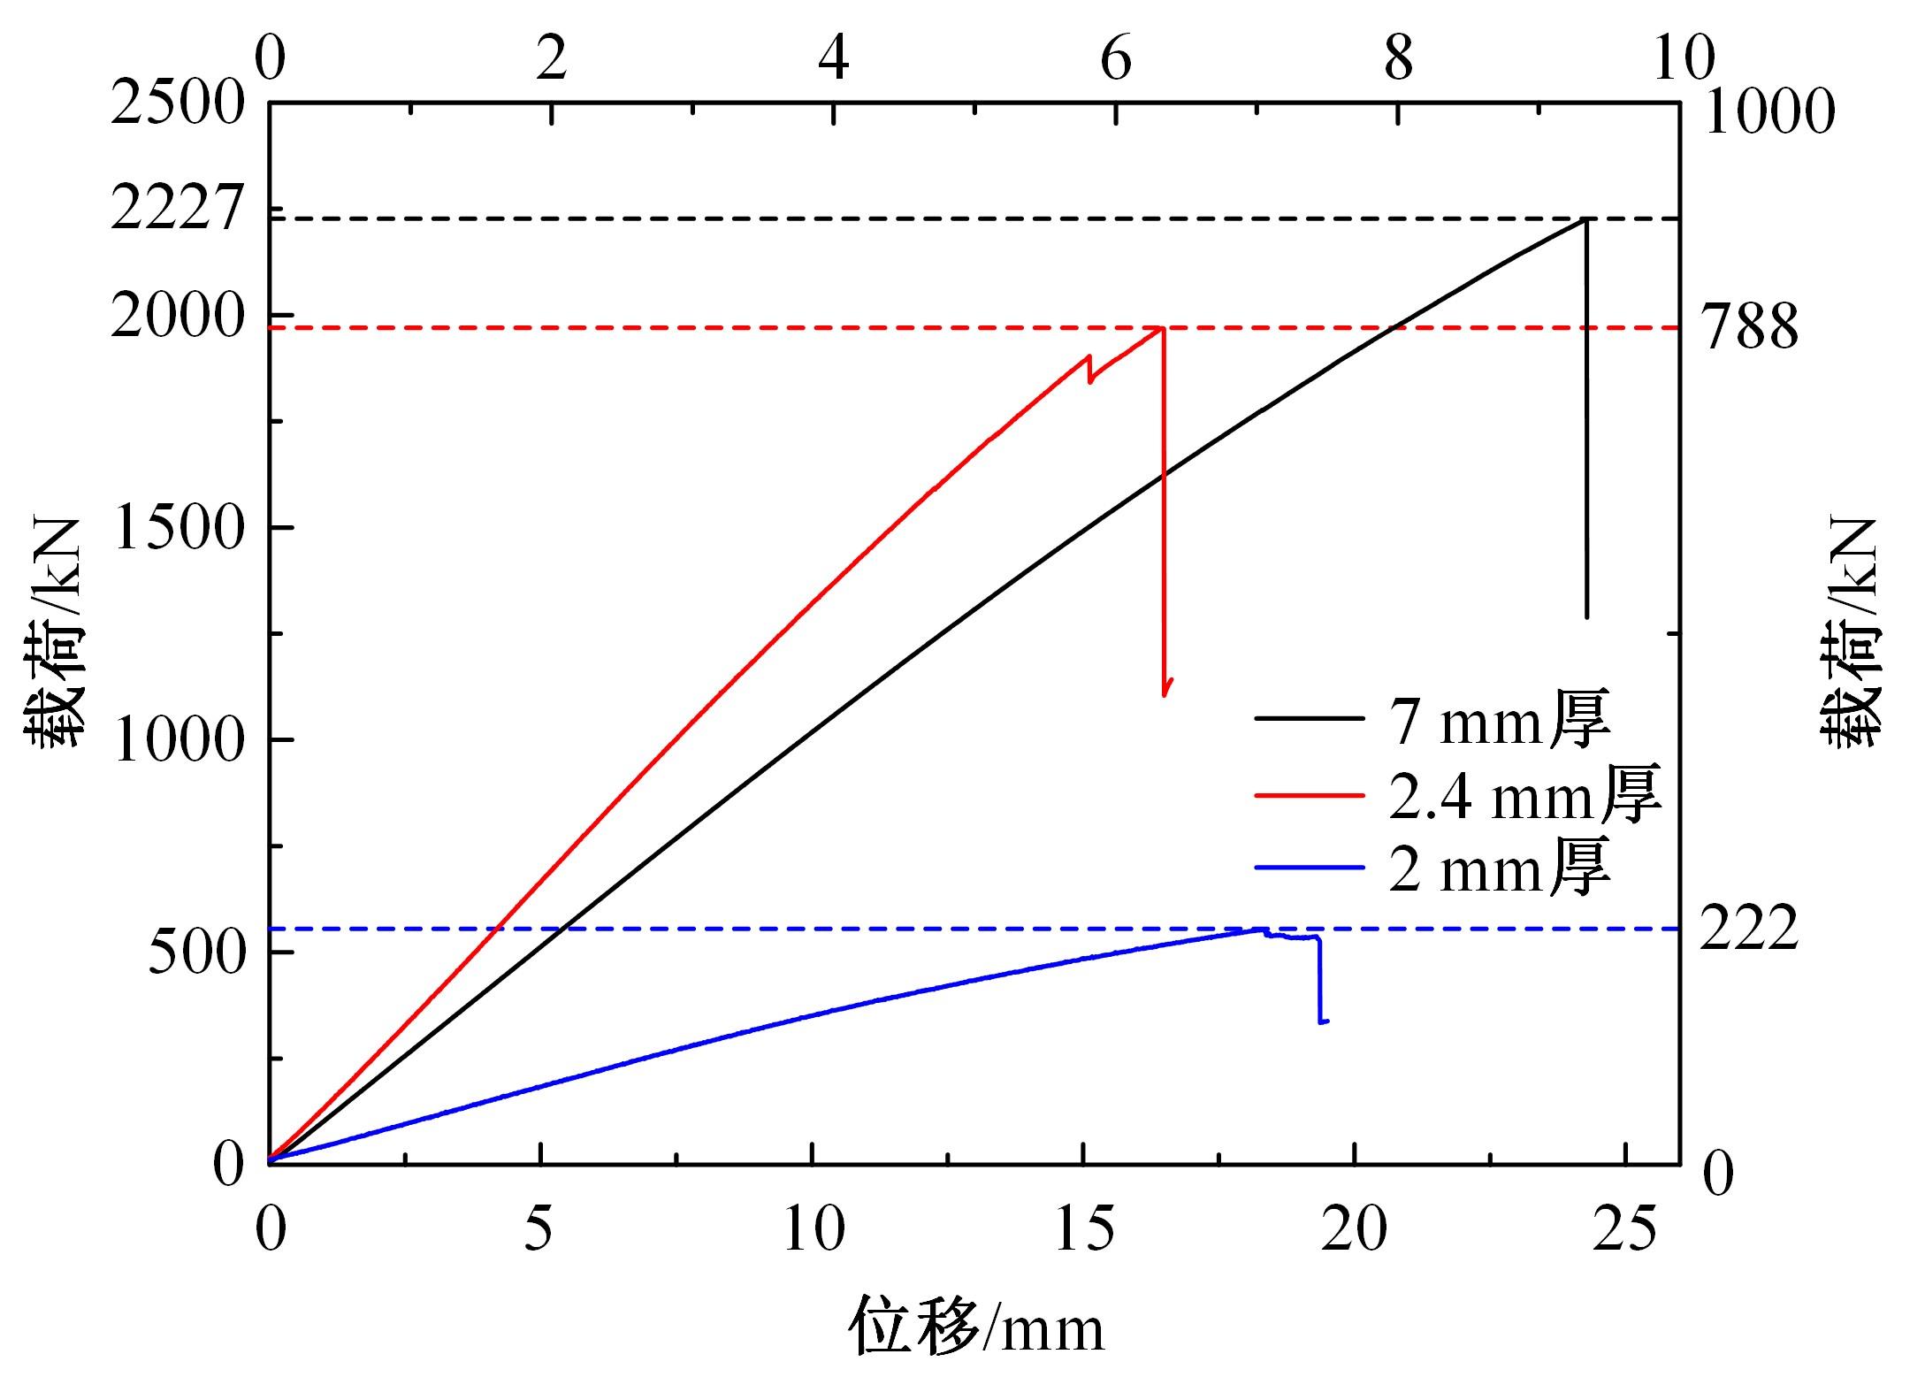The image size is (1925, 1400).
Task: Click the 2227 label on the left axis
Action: pyautogui.click(x=176, y=210)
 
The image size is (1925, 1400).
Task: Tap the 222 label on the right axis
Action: pyautogui.click(x=1750, y=929)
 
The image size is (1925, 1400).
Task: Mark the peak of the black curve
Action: pyautogui.click(x=1585, y=218)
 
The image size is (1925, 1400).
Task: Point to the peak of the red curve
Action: pyautogui.click(x=1160, y=328)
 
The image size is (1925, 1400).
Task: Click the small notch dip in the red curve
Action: pyautogui.click(x=1090, y=380)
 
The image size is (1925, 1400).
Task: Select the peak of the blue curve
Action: pyautogui.click(x=1259, y=929)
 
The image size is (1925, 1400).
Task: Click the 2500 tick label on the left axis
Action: pyautogui.click(x=176, y=103)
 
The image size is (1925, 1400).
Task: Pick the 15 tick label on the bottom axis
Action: pyautogui.click(x=1083, y=1229)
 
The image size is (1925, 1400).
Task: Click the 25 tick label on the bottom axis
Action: pyautogui.click(x=1625, y=1229)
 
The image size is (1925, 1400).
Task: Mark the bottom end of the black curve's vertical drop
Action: pyautogui.click(x=1587, y=616)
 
